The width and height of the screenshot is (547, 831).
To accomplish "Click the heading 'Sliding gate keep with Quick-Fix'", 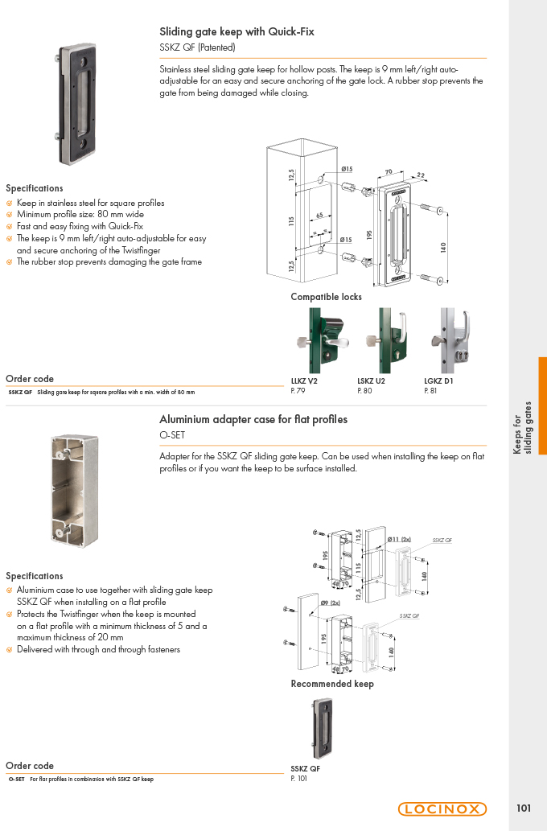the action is point(237,32).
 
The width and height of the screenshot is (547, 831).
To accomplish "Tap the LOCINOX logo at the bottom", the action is point(442,808).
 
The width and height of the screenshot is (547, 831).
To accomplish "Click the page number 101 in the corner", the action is point(524,808).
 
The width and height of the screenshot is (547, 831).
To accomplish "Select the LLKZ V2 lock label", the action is point(304,381).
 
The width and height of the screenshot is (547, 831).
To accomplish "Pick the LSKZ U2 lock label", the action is point(371,381).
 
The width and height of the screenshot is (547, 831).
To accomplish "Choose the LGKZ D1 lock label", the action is point(438,381).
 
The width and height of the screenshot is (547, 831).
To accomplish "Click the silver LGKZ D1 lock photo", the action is point(451,341).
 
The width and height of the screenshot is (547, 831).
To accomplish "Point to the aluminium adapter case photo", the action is point(75,491).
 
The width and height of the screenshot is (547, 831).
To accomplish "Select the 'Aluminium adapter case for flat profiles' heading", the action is point(253,420).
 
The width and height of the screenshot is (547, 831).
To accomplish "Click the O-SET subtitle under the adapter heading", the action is point(172,435).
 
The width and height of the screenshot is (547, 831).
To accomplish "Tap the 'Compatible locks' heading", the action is point(326,297).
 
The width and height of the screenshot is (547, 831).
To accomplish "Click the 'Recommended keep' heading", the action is point(332,684).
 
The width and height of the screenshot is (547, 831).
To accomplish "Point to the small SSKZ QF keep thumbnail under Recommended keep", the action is point(322,729).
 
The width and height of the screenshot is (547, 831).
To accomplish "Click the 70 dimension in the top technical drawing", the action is point(389,171).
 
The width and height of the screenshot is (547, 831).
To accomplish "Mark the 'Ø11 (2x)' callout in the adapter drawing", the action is point(399,539).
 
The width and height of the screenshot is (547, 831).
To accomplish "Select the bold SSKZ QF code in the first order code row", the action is point(20,393).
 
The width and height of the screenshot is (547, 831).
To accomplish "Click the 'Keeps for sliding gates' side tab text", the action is point(522,428).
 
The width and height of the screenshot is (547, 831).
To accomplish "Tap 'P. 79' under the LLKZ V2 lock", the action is point(298,391).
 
